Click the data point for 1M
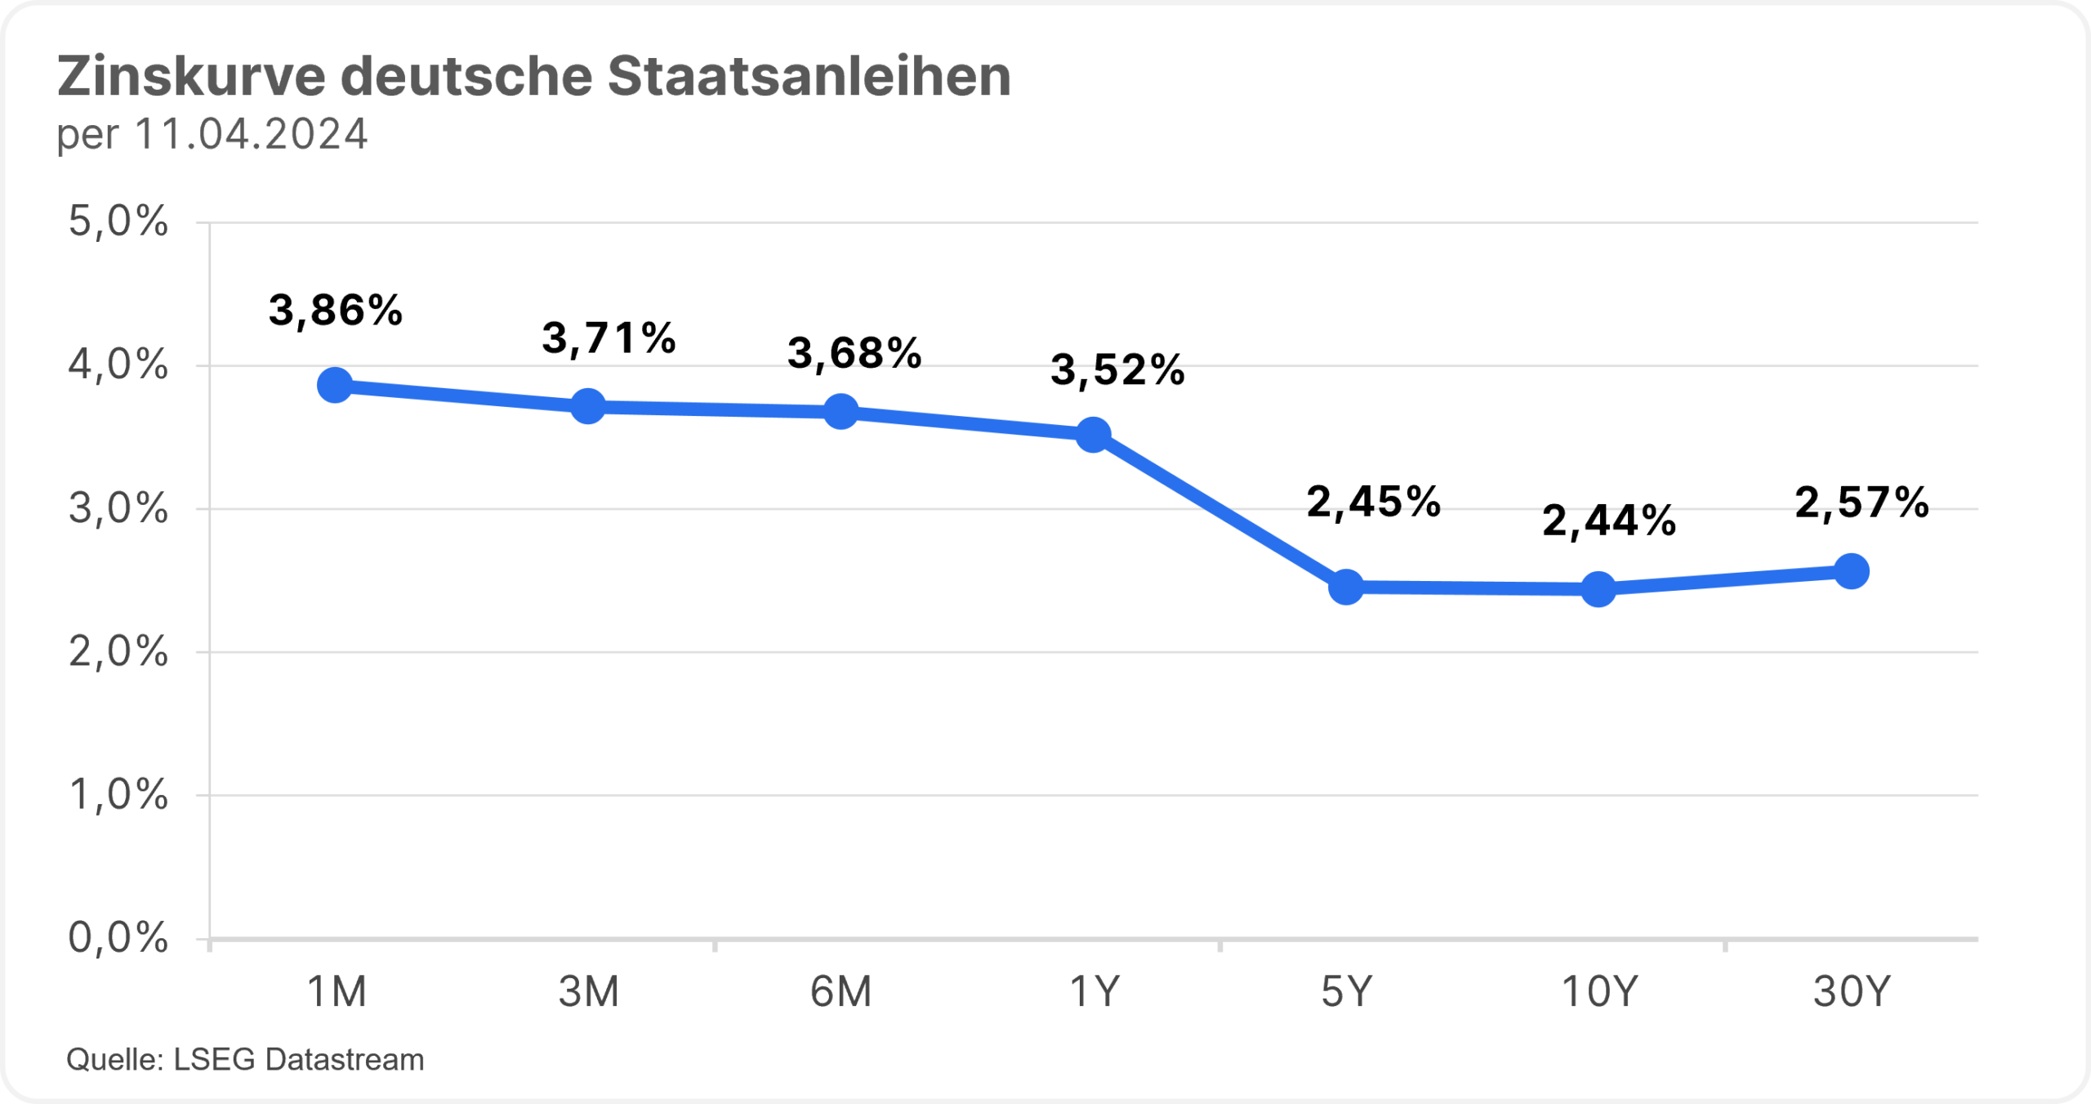pos(335,385)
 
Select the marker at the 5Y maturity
pos(1346,587)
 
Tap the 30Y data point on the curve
pos(1852,570)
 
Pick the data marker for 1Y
pos(1094,434)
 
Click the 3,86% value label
pos(336,311)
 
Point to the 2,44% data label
pos(1609,521)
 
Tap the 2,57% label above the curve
pos(1862,503)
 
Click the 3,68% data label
pos(854,353)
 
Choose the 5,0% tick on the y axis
pos(118,221)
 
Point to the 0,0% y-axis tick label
pos(118,937)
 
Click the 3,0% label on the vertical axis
pos(118,508)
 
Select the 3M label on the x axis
pos(588,992)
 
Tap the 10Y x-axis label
pos(1599,992)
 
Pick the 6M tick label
pos(840,992)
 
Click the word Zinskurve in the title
pos(191,77)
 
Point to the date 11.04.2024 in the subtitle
pos(252,135)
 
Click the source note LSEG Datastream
pos(299,1060)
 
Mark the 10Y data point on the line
pos(1598,588)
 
